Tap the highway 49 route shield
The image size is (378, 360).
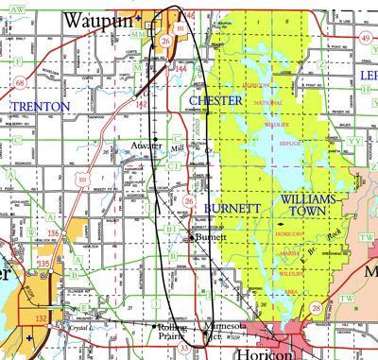click(365, 38)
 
